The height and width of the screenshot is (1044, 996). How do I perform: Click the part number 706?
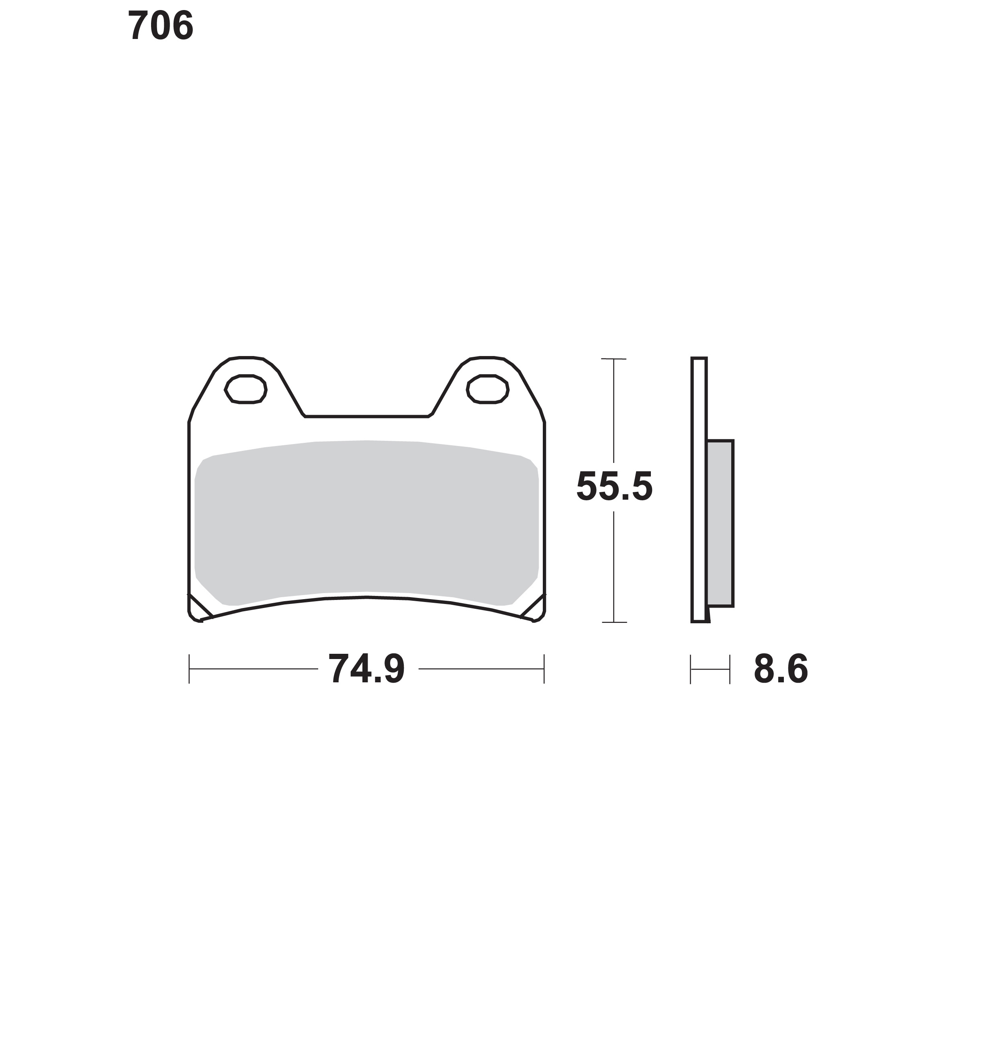[161, 27]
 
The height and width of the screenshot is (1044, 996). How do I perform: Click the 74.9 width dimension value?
[367, 669]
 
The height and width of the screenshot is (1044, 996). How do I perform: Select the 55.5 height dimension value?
[614, 486]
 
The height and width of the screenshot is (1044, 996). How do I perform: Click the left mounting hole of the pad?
[246, 389]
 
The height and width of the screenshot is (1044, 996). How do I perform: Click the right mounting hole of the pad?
[488, 389]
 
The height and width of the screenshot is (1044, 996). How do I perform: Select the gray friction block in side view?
[720, 523]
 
